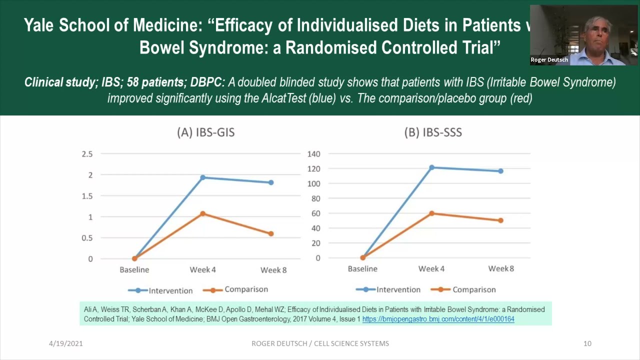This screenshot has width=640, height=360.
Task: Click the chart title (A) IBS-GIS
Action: (x=205, y=132)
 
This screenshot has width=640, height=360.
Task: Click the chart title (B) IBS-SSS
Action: (x=433, y=132)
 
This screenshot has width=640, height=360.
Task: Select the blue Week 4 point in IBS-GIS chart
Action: (x=203, y=177)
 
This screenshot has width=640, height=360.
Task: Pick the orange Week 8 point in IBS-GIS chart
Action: (x=271, y=233)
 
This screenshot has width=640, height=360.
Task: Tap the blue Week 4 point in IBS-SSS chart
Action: (x=431, y=167)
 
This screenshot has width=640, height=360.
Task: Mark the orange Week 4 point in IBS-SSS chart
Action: (x=431, y=213)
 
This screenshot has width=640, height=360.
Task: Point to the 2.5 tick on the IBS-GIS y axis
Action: (x=87, y=154)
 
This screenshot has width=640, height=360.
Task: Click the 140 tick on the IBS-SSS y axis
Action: (x=314, y=154)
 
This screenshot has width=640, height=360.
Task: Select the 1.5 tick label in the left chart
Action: (x=87, y=196)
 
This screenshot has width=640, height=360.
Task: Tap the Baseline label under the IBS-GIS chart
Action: (x=134, y=270)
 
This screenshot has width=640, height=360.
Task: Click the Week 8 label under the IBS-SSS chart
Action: (x=501, y=269)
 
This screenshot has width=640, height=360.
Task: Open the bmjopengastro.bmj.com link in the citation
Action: (x=438, y=319)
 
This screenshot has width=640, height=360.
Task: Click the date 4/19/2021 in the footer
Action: (x=66, y=343)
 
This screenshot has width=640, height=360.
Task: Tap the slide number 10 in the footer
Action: (x=587, y=343)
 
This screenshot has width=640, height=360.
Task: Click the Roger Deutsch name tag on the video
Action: (x=549, y=60)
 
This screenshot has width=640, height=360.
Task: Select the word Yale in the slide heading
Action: (x=40, y=26)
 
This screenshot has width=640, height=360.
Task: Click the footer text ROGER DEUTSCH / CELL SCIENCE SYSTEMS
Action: (x=320, y=343)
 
